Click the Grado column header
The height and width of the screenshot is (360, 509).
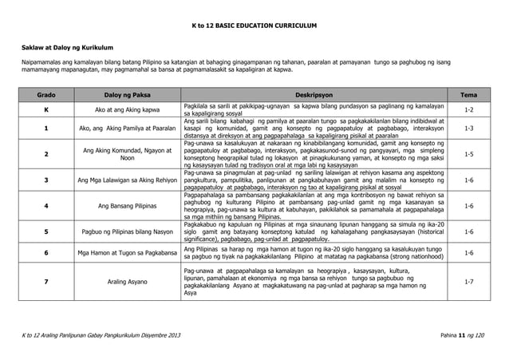click(45, 93)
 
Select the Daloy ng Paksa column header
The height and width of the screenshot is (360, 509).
click(127, 93)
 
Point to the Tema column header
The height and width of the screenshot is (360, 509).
click(469, 93)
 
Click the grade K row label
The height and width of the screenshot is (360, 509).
click(45, 109)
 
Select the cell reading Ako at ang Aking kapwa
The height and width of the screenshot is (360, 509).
click(127, 109)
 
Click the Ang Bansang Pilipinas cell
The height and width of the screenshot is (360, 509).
click(127, 207)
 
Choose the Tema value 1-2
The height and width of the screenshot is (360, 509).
click(469, 109)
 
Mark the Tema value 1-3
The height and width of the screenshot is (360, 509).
click(469, 127)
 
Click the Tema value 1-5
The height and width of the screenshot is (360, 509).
click(469, 153)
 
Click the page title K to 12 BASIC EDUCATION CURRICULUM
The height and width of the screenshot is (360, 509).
click(254, 27)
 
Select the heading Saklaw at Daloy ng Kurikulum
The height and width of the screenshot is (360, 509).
click(63, 49)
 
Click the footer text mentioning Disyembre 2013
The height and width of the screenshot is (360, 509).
click(101, 344)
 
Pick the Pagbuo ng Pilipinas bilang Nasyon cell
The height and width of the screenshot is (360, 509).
click(127, 232)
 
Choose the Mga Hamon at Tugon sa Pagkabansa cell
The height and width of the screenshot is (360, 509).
click(127, 253)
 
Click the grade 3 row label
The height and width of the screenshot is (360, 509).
click(45, 180)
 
